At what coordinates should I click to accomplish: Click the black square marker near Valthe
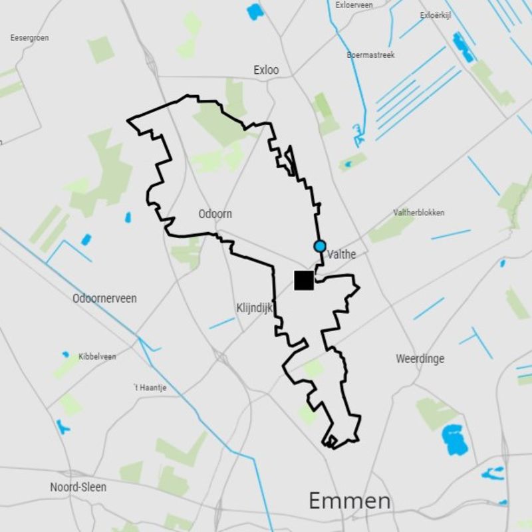tap(304, 281)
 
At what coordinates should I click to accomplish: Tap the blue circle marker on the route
tap(320, 246)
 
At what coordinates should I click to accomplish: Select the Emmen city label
tap(349, 501)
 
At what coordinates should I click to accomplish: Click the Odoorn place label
tap(215, 214)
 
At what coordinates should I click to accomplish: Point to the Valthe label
tap(342, 254)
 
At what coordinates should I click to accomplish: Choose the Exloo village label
tap(266, 70)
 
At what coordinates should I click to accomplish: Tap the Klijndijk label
tap(255, 308)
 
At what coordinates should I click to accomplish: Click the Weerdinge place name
tap(420, 358)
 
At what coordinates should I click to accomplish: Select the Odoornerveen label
tap(104, 299)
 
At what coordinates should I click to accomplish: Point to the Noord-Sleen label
tap(78, 487)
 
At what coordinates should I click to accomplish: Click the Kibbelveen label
tap(97, 356)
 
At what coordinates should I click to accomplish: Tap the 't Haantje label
tap(150, 388)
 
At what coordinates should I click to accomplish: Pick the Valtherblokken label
tap(419, 213)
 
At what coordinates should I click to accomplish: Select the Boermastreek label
tap(370, 55)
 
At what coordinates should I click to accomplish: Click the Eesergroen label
tap(29, 38)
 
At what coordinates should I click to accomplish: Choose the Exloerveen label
tap(354, 5)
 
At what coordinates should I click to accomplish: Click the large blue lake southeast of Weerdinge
tap(456, 439)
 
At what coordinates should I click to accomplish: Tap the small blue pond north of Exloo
tap(255, 11)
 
